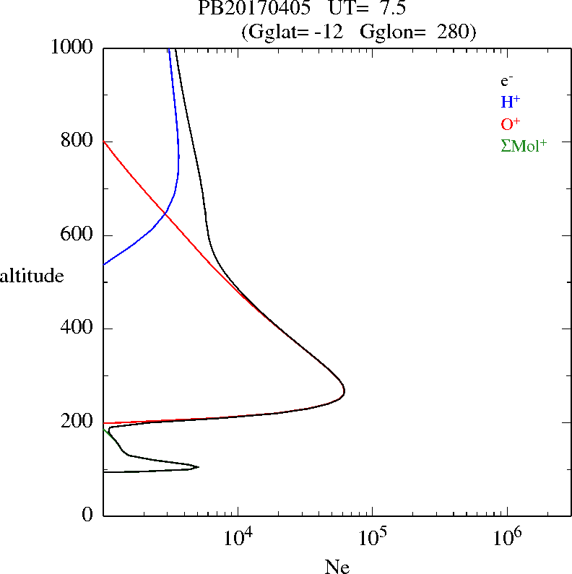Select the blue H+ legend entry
pyautogui.click(x=511, y=102)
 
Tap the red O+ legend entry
pyautogui.click(x=511, y=123)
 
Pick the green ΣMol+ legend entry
pyautogui.click(x=524, y=145)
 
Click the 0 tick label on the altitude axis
pyautogui.click(x=88, y=515)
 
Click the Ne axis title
pyautogui.click(x=337, y=566)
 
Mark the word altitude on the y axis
pyautogui.click(x=32, y=275)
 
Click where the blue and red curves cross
pyautogui.click(x=165, y=214)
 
